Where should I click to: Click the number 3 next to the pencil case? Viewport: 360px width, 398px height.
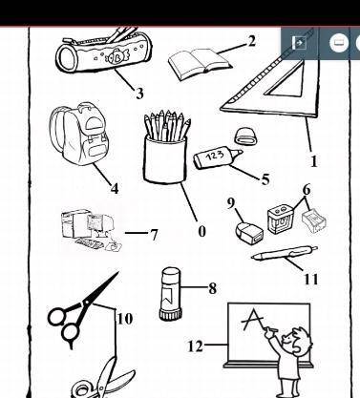point(139,94)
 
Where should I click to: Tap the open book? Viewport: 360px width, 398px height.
point(200,65)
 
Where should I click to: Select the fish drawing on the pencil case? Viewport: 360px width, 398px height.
point(116,57)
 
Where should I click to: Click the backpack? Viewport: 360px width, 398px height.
point(78,133)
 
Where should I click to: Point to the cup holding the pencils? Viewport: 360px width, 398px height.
point(165,159)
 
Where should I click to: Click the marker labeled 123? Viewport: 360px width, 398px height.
point(218,157)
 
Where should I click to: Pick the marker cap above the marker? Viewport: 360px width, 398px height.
point(245,136)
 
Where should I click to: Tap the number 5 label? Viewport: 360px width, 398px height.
point(265,179)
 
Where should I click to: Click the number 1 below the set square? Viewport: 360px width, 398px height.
point(313,161)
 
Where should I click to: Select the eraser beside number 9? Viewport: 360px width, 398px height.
point(249,233)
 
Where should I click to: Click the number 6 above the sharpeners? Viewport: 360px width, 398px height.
point(307,190)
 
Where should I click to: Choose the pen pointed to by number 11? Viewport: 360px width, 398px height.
point(285,253)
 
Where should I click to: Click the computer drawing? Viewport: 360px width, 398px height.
point(92,230)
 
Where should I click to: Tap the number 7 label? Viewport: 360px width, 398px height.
point(154,235)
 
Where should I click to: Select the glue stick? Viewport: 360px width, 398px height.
point(171,293)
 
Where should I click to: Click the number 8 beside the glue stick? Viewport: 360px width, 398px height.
point(213,288)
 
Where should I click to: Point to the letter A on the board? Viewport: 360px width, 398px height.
point(253,320)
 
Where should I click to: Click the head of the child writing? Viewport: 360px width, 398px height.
point(299,341)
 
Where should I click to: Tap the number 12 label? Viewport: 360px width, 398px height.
point(195,346)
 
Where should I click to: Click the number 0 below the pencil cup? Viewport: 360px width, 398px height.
point(201,231)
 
